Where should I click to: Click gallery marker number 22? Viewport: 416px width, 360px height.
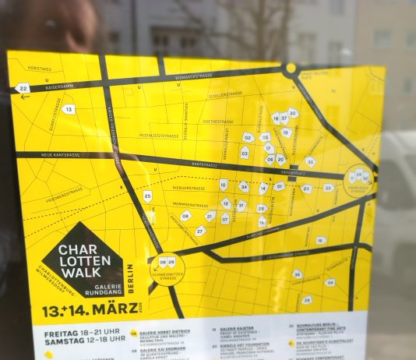click(x=23, y=88)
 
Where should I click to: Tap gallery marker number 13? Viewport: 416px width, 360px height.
click(x=69, y=110)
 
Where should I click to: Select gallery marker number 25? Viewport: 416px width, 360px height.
click(x=147, y=196)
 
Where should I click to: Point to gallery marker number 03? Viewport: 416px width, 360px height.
click(x=245, y=153)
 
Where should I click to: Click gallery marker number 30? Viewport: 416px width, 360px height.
click(x=293, y=113)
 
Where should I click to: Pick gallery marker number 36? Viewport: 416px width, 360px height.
click(x=297, y=274)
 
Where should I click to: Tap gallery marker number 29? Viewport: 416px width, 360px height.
click(x=307, y=299)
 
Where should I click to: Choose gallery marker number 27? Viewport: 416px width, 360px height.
click(x=200, y=231)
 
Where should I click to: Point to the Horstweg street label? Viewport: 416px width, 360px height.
click(x=39, y=69)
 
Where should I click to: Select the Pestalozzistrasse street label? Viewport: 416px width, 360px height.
click(x=158, y=136)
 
